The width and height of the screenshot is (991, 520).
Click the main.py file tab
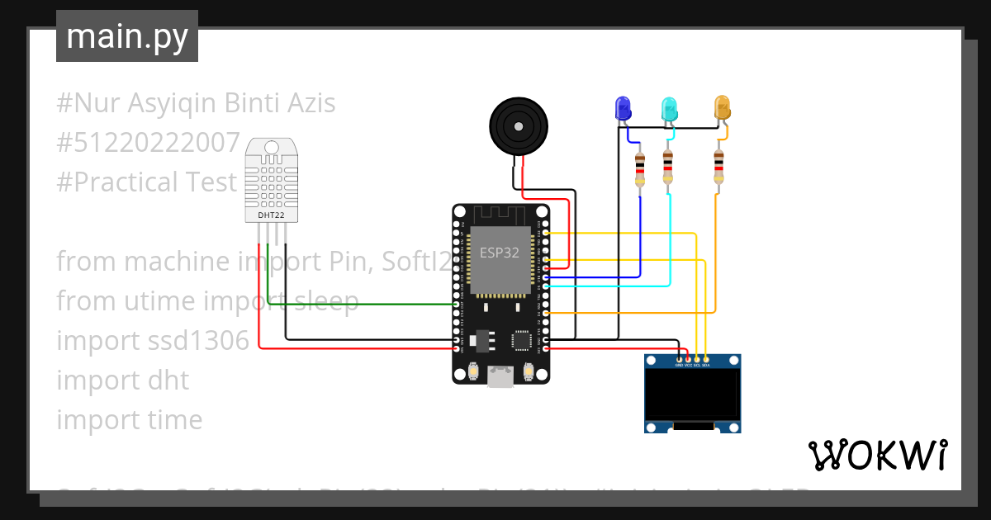127,36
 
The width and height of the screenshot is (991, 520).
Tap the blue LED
623,107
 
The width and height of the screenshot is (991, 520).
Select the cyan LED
669,108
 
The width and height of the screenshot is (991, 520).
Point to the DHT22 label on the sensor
272,215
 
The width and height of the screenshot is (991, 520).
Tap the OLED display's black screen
692,395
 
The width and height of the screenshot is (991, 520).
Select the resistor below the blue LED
639,169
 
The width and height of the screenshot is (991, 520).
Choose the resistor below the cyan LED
667,168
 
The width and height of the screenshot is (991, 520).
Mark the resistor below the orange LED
718,168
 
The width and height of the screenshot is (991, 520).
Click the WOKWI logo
877,455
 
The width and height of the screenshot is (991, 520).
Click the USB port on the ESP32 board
500,377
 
